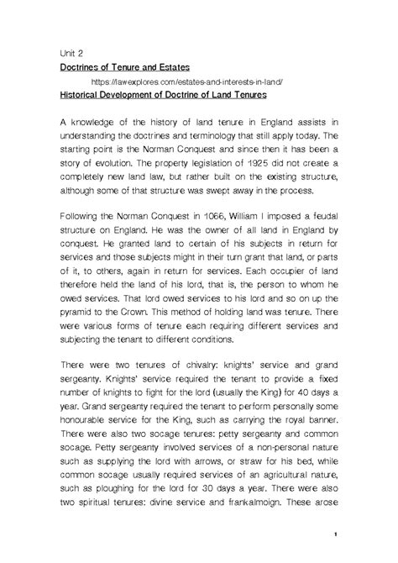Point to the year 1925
point(270,170)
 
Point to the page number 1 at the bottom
point(334,534)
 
